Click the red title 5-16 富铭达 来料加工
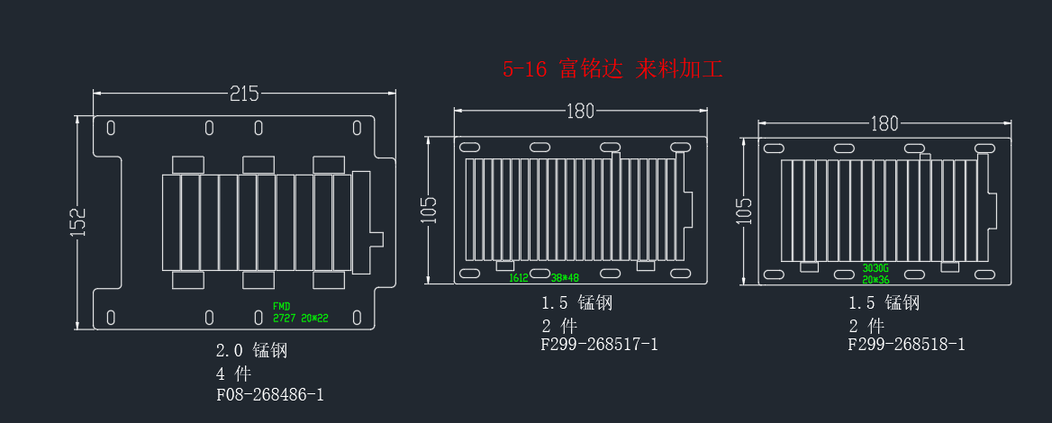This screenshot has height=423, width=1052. [612, 69]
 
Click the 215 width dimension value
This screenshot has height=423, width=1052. [244, 94]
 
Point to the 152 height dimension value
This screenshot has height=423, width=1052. [78, 222]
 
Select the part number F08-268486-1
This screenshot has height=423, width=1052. [269, 394]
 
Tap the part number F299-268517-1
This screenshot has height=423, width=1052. [599, 345]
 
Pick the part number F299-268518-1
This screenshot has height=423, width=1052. [906, 345]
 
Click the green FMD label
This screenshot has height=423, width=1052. [282, 306]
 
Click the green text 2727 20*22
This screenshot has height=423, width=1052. [301, 319]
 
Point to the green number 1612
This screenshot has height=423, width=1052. [519, 277]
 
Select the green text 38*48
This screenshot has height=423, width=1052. [565, 277]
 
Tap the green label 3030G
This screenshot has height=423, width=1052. [875, 268]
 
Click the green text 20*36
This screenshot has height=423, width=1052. [875, 280]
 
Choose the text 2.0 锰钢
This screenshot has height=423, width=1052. [251, 350]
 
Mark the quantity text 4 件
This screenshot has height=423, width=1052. [233, 373]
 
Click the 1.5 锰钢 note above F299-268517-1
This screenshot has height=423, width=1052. [577, 302]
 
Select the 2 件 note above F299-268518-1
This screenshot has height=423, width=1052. [866, 326]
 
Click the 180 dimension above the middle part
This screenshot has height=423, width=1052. [580, 112]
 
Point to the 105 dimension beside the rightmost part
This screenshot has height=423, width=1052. [744, 211]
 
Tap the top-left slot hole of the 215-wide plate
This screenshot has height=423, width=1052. [111, 128]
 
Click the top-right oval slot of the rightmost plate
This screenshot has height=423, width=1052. [984, 148]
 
